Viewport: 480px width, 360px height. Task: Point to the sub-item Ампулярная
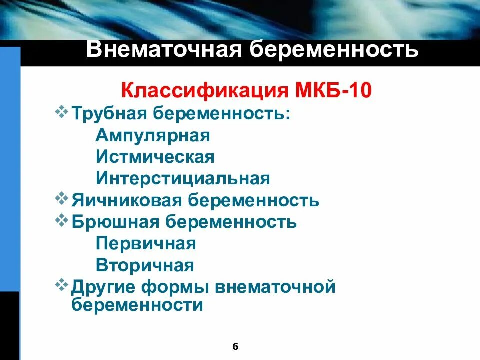point(153,135)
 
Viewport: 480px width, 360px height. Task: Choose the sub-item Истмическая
point(155,157)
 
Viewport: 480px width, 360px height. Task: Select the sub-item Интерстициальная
point(183,178)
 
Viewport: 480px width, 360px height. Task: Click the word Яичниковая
point(127,200)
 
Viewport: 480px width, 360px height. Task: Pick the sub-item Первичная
point(146,244)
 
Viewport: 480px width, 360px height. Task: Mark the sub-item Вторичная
point(145,265)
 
